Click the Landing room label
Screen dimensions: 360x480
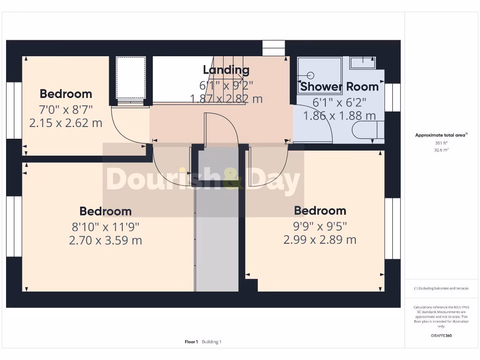click(226, 70)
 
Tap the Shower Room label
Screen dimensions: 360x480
click(339, 87)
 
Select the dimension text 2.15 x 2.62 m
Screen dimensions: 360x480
click(66, 123)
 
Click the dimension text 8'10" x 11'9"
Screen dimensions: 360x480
click(105, 227)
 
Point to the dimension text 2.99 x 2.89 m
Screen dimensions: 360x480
click(320, 240)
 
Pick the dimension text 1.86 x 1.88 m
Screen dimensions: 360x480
click(339, 115)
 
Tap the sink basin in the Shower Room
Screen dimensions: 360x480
click(362, 62)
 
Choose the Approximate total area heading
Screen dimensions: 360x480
click(441, 135)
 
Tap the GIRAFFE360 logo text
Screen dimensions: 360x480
click(441, 336)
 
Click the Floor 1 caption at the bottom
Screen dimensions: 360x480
click(191, 342)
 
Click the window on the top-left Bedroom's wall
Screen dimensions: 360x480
click(15, 111)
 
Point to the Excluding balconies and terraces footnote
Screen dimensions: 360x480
click(441, 288)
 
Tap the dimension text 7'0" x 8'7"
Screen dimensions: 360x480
click(66, 110)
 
